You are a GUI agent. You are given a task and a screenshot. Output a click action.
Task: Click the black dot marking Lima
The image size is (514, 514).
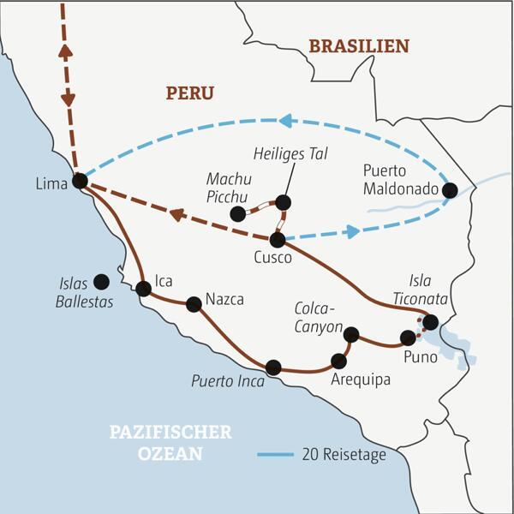[80, 181]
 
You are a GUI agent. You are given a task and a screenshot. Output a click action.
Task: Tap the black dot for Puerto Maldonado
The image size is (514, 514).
[449, 190]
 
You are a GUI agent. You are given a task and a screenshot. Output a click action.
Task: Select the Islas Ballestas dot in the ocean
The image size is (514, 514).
[101, 281]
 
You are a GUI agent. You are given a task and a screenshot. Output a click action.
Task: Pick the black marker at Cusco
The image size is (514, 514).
[277, 240]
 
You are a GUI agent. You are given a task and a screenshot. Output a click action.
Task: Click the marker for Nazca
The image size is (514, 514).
[194, 303]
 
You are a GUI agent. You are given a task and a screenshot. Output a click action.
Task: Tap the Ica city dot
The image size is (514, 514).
[143, 289]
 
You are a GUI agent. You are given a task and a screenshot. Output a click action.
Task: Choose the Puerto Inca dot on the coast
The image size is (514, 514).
[273, 368]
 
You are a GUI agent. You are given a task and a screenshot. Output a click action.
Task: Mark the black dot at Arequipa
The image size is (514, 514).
[339, 361]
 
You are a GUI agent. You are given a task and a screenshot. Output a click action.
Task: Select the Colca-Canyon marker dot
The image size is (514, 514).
[350, 335]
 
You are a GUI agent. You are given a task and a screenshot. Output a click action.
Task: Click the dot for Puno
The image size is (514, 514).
[408, 338]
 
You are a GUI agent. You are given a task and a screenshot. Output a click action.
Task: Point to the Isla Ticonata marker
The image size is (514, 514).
[430, 322]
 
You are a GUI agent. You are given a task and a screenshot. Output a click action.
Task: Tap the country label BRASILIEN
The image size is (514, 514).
[359, 46]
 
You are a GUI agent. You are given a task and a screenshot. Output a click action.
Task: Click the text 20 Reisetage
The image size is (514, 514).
[344, 455]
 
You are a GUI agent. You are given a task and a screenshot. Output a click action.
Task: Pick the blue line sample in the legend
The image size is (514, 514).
[275, 455]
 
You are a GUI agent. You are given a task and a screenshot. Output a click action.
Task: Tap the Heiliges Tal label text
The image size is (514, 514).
[291, 153]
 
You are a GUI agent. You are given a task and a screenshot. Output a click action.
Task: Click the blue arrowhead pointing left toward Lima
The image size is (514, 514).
[286, 122]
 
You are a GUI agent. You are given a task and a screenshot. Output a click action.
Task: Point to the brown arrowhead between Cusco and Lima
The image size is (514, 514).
[177, 214]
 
